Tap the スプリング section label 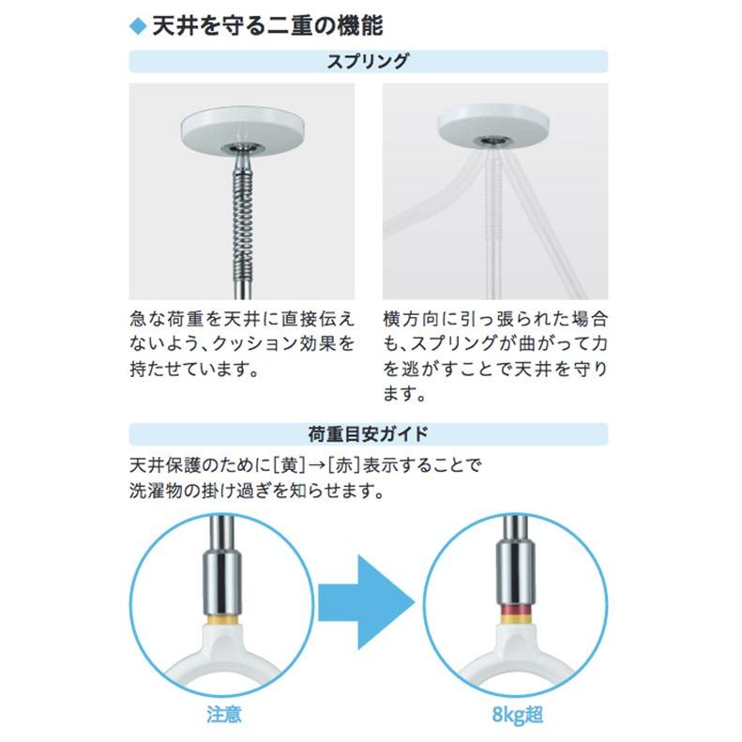368,62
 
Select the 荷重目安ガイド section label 368,433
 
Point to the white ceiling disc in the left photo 241,129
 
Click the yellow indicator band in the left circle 223,621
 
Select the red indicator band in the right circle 518,615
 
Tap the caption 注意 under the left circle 223,715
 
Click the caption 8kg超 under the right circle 517,715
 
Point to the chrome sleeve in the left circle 223,582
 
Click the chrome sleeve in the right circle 518,577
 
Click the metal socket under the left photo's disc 241,151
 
